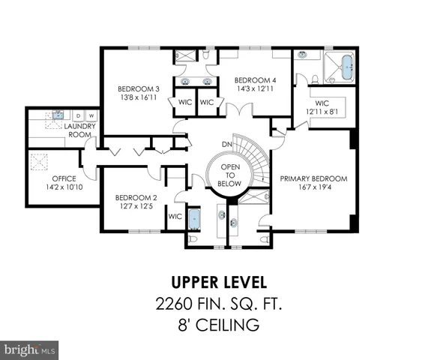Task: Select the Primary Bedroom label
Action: pyautogui.click(x=313, y=178)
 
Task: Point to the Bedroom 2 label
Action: pyautogui.click(x=133, y=198)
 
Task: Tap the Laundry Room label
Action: pyautogui.click(x=79, y=131)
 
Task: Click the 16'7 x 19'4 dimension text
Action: pyautogui.click(x=313, y=188)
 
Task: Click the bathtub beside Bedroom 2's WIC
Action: pyautogui.click(x=195, y=220)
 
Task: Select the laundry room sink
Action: pyautogui.click(x=55, y=116)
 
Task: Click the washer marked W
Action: pyautogui.click(x=91, y=115)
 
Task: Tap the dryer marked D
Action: pyautogui.click(x=78, y=115)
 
